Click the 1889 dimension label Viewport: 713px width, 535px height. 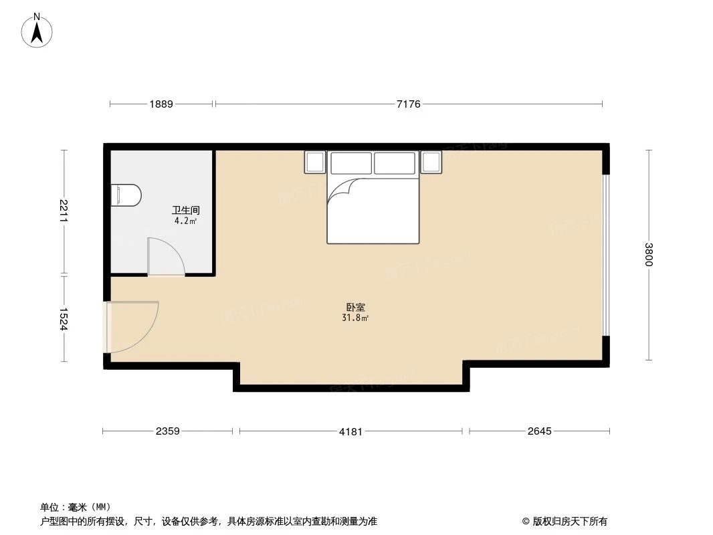point(161,104)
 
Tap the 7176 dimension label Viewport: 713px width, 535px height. point(409,104)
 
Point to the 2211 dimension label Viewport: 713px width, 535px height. point(64,211)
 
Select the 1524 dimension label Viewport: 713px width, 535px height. point(64,319)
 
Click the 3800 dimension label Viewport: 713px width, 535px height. point(648,254)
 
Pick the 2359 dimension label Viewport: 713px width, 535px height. point(168,431)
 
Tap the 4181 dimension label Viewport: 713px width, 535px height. point(350,431)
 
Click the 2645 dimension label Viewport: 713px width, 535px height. point(539,431)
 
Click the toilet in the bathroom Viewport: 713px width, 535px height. point(126,195)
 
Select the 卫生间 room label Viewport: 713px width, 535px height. point(186,210)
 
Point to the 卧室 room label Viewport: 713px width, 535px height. point(355,308)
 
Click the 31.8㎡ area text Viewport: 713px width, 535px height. point(355,318)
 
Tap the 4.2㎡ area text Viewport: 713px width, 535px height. point(185,221)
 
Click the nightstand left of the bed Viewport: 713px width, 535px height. point(314,162)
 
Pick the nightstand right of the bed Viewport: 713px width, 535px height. point(431,162)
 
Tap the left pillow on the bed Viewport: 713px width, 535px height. point(350,163)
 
